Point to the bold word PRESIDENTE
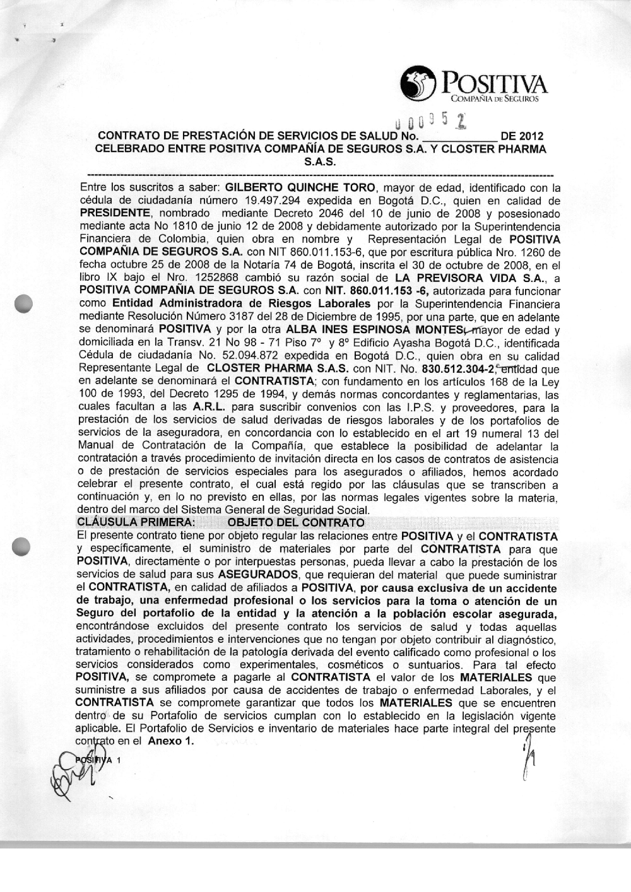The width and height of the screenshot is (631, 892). [115, 213]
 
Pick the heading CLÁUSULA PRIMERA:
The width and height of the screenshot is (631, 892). [133, 522]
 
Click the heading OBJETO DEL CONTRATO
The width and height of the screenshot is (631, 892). [295, 522]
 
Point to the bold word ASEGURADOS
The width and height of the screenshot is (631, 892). [257, 575]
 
